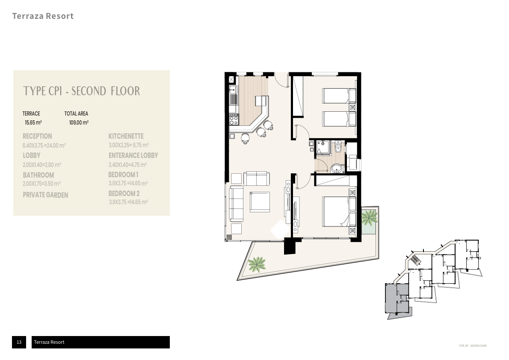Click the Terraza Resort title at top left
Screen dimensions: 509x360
[x=43, y=16]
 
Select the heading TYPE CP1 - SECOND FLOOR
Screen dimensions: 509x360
[x=81, y=91]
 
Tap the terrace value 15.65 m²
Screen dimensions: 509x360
[x=33, y=122]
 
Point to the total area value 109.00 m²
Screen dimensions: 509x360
[x=79, y=122]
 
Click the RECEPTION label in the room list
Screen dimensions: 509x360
[x=37, y=136]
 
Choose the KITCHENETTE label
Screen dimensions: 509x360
[x=126, y=136]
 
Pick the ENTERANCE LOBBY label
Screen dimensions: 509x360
[x=133, y=155]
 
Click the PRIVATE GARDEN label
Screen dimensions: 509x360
[x=45, y=195]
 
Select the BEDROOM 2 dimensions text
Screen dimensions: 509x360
[x=128, y=202]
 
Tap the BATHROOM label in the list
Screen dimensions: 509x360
[x=38, y=175]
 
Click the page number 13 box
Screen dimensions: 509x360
[x=19, y=342]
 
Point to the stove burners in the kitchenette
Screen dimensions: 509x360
[x=234, y=120]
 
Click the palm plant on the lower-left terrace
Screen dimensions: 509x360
[x=257, y=264]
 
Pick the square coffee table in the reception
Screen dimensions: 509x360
[x=260, y=202]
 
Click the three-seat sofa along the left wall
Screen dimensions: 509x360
[x=236, y=204]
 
